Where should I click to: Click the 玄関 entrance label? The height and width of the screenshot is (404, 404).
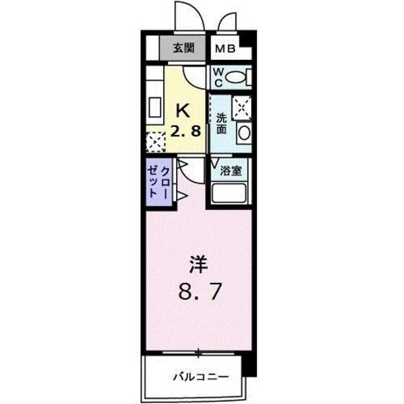click(x=183, y=48)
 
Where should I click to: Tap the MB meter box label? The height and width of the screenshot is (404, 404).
click(x=225, y=49)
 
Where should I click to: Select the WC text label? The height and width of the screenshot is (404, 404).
click(x=218, y=77)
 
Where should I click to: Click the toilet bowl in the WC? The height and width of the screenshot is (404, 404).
click(x=235, y=77)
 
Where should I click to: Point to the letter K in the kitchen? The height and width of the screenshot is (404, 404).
click(x=183, y=110)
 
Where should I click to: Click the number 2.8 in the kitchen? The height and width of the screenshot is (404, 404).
click(x=185, y=131)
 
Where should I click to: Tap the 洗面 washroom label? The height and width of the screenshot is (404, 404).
click(x=221, y=123)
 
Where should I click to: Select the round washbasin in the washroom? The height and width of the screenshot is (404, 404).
click(x=245, y=133)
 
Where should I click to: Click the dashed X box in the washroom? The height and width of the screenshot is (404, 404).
click(x=242, y=107)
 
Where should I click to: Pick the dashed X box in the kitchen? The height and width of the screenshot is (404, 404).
click(x=156, y=142)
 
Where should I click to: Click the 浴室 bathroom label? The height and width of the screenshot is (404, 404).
click(x=231, y=170)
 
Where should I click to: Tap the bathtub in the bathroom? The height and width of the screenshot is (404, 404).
click(x=229, y=193)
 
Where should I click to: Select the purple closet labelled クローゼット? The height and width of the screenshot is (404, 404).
click(x=159, y=182)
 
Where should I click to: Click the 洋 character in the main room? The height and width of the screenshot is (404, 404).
click(x=198, y=265)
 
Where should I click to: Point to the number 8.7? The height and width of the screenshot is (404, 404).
click(x=200, y=291)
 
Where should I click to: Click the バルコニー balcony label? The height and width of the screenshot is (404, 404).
click(x=201, y=377)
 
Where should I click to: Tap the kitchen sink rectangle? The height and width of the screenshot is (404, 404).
click(x=155, y=107)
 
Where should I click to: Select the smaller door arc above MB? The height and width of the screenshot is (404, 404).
click(x=227, y=19)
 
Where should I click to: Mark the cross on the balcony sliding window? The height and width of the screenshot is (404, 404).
click(x=198, y=353)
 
